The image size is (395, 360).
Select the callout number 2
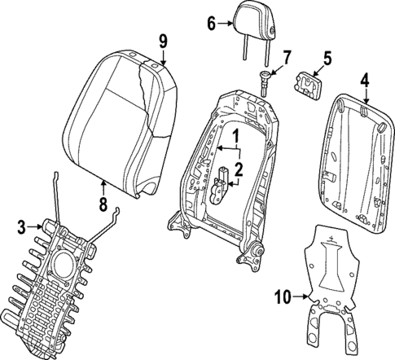point(239,169)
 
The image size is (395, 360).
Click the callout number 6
point(211,23)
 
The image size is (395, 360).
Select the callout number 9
point(163,40)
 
